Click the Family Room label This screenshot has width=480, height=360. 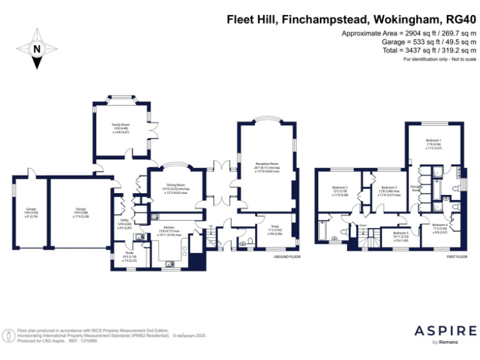tap(120, 126)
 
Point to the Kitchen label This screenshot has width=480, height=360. tap(169, 227)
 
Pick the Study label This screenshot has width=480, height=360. tap(129, 253)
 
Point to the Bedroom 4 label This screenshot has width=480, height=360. tap(439, 225)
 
